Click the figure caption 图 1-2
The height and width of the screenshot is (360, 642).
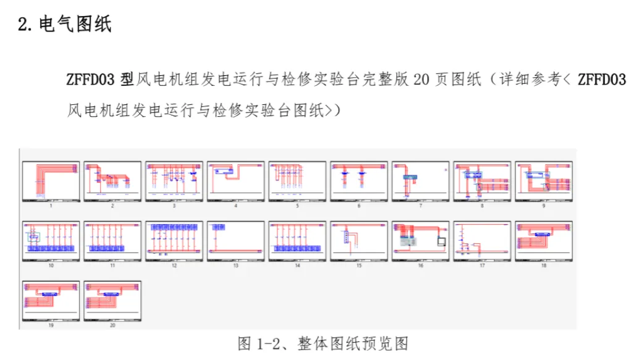[x=323, y=344]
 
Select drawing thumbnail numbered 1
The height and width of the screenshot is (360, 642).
[x=51, y=182]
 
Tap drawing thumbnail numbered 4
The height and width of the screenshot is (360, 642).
[x=235, y=182]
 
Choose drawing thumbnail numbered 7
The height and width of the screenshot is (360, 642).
[x=420, y=182]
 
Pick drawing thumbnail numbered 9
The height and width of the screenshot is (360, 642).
[x=544, y=182]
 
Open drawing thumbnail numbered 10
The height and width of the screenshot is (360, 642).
[x=51, y=241]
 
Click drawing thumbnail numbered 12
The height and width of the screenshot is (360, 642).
[x=174, y=241]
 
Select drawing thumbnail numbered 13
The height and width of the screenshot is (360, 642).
[x=235, y=241]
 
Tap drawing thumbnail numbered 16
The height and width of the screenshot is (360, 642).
[x=420, y=241]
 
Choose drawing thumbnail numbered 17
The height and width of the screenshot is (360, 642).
[x=482, y=241]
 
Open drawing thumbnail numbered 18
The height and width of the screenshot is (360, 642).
[x=544, y=241]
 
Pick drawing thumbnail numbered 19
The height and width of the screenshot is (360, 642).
[x=51, y=301]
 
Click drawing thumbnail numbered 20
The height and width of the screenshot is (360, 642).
[x=112, y=301]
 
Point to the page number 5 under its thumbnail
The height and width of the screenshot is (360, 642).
[x=297, y=206]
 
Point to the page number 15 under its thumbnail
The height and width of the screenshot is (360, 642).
[x=359, y=266]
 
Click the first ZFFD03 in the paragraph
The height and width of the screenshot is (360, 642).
[x=90, y=80]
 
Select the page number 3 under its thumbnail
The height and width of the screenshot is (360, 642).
[x=174, y=206]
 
